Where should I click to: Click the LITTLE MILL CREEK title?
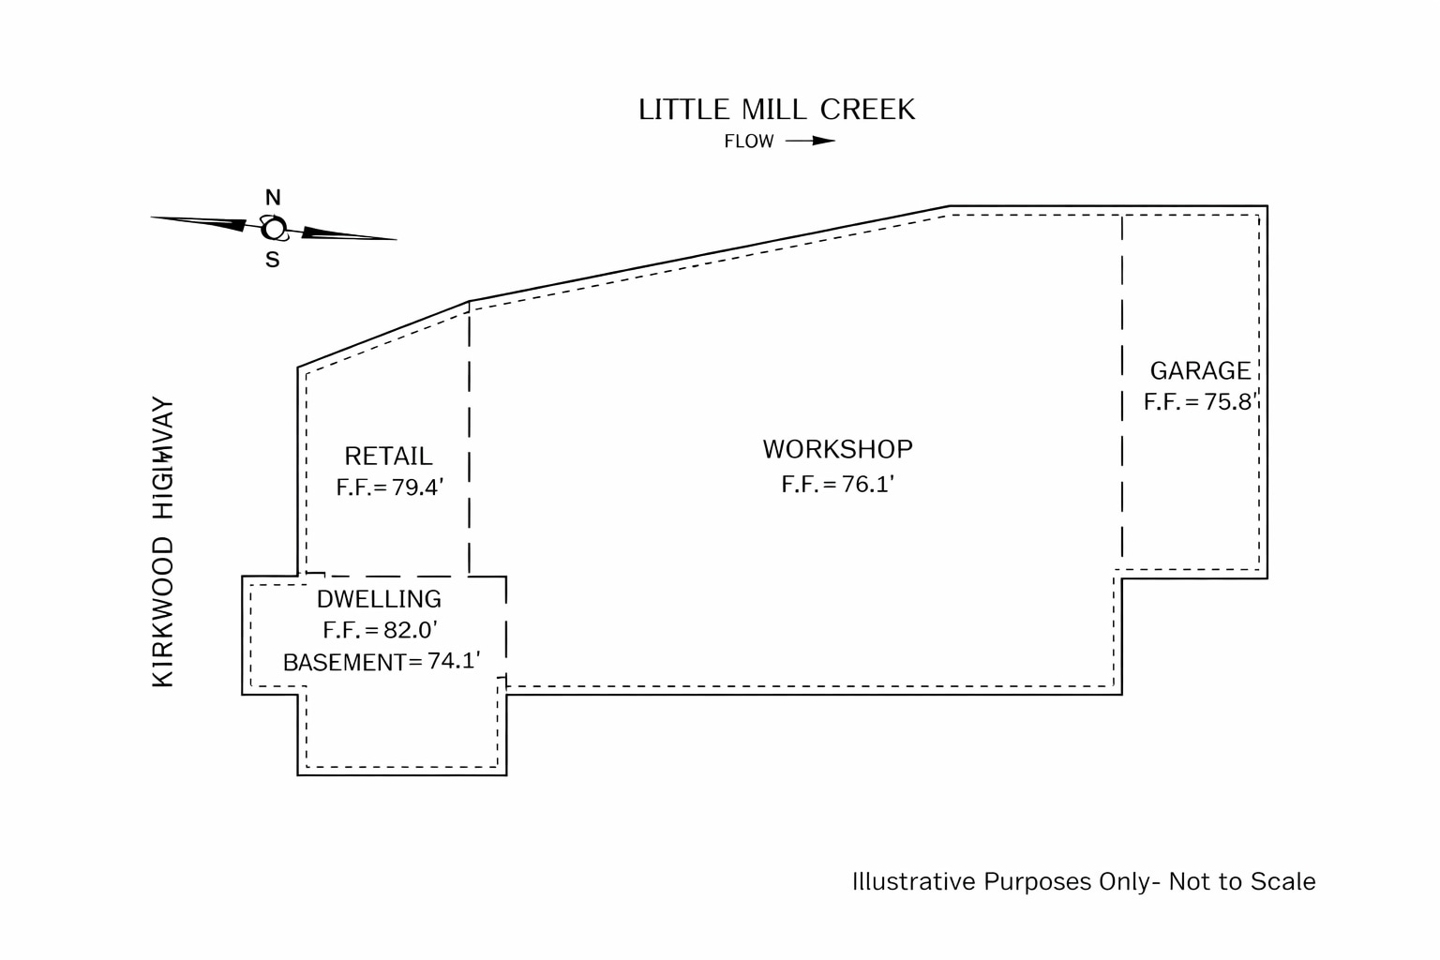coord(776,110)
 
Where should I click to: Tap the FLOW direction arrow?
coord(810,141)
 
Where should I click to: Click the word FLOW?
coord(749,142)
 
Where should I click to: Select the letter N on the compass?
coord(273,198)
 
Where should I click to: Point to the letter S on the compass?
coord(272,261)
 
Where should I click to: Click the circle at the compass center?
coord(274,229)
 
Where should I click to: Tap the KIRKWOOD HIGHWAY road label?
coord(163,543)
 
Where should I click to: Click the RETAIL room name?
coord(388,457)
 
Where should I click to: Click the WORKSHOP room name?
coord(837,449)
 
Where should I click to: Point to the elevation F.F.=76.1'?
coord(838,484)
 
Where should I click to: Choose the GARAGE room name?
coord(1200,370)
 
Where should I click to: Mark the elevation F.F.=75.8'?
coord(1199,402)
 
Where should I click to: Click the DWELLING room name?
coord(379,599)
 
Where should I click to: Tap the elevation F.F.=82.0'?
coord(381,630)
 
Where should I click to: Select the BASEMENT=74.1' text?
coord(382,662)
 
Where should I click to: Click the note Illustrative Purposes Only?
coord(1083,881)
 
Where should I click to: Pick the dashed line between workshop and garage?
coord(1122,394)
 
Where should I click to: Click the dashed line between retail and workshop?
coord(469,441)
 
